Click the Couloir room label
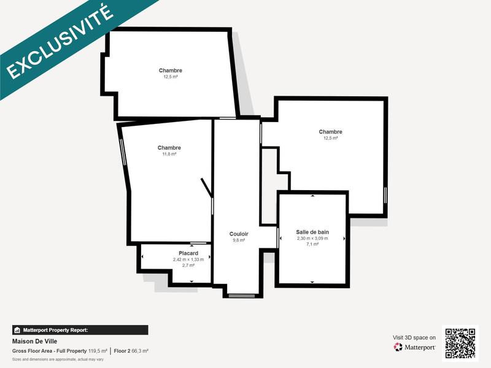(x=239, y=234)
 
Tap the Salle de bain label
(x=312, y=232)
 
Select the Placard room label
(x=188, y=253)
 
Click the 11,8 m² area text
(x=169, y=155)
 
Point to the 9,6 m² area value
(x=239, y=240)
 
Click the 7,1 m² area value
(x=312, y=244)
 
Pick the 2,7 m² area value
(x=188, y=266)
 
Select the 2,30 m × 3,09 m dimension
(x=312, y=238)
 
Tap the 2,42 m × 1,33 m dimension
(x=188, y=259)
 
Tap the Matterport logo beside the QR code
(x=415, y=347)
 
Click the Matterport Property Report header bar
(x=80, y=330)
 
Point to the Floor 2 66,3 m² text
(x=131, y=351)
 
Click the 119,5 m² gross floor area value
(x=98, y=351)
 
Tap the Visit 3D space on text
(x=414, y=337)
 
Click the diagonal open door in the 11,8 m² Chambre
(x=206, y=188)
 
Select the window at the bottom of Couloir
(x=241, y=296)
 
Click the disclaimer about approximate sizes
(x=58, y=359)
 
